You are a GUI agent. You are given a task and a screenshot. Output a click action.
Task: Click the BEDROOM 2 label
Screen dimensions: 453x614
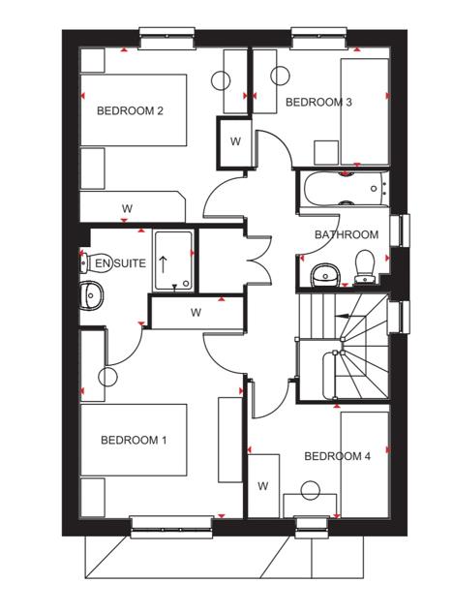[130, 110]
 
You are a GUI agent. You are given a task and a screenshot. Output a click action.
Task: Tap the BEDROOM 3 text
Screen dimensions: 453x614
[318, 103]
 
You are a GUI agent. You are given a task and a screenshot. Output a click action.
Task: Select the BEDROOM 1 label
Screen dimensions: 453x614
[134, 440]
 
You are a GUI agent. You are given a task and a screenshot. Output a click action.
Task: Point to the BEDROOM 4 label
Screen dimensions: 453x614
[337, 456]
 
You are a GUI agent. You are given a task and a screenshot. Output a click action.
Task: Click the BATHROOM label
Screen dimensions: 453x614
[347, 234]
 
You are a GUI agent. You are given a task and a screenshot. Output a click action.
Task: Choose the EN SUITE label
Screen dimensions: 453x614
[121, 263]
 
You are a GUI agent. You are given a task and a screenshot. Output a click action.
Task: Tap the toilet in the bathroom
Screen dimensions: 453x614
[365, 266]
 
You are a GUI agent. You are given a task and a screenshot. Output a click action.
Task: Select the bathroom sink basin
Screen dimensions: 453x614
[325, 274]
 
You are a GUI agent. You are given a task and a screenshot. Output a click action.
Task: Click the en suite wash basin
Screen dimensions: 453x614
[92, 295]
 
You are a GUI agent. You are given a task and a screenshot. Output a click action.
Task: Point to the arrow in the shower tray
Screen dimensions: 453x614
[163, 264]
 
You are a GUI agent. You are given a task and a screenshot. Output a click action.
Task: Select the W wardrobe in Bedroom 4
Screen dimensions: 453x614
[263, 485]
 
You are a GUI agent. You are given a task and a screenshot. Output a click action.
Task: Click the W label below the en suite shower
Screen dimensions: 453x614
[196, 313]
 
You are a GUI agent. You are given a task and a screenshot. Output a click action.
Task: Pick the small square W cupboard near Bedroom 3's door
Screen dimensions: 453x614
[235, 142]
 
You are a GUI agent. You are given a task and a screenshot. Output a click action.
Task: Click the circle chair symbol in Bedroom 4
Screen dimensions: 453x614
[311, 490]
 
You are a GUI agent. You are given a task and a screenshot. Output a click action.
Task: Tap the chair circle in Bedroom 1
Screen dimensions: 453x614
[107, 378]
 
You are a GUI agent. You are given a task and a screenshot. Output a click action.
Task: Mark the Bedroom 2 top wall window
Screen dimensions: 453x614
[167, 39]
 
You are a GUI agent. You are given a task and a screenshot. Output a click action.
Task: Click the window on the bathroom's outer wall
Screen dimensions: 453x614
[400, 230]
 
